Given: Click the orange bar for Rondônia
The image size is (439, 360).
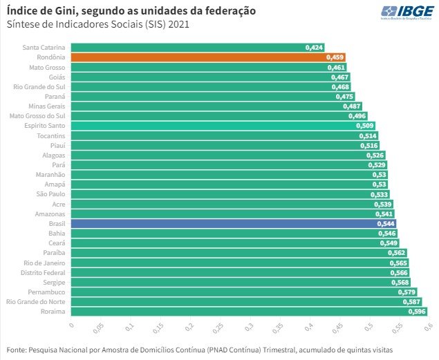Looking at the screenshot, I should [x=207, y=57].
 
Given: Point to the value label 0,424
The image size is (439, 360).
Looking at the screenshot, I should [x=314, y=48].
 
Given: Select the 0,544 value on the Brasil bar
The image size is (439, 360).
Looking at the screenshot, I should [x=386, y=224].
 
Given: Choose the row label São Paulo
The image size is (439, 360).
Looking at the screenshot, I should [x=52, y=195].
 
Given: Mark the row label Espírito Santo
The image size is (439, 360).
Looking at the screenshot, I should [x=46, y=126].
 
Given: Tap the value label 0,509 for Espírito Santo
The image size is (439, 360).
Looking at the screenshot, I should [x=365, y=126].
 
